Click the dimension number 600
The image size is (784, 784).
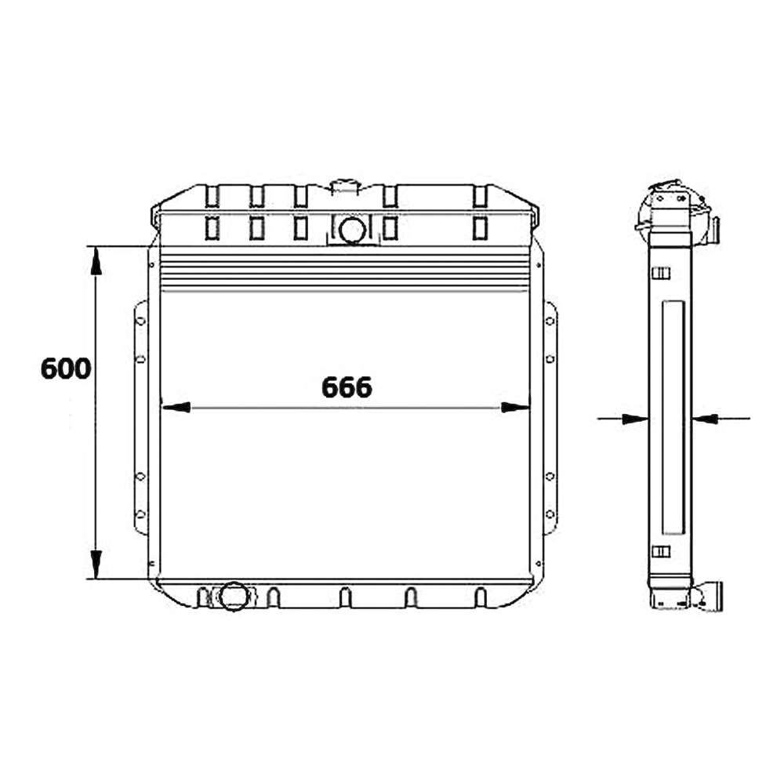[x=66, y=368]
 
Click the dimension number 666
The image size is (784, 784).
[x=347, y=387]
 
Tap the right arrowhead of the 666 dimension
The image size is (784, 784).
[x=514, y=407]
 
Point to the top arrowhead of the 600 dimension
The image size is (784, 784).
[x=96, y=261]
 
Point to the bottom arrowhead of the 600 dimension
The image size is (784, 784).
[x=96, y=563]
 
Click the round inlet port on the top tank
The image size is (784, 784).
[x=352, y=230]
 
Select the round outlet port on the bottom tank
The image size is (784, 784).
[x=233, y=596]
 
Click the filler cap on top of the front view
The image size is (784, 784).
[x=344, y=187]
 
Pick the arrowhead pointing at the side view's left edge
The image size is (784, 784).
[x=636, y=419]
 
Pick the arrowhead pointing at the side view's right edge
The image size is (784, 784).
[x=705, y=419]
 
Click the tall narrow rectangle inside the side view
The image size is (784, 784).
[x=673, y=417]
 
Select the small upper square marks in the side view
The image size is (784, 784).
[x=662, y=273]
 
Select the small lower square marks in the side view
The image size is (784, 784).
[x=662, y=551]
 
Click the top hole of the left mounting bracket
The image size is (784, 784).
[x=141, y=320]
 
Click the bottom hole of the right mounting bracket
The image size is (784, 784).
[x=550, y=514]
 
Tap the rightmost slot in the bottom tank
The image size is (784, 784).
[x=481, y=597]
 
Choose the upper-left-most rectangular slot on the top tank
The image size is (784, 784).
[x=212, y=196]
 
